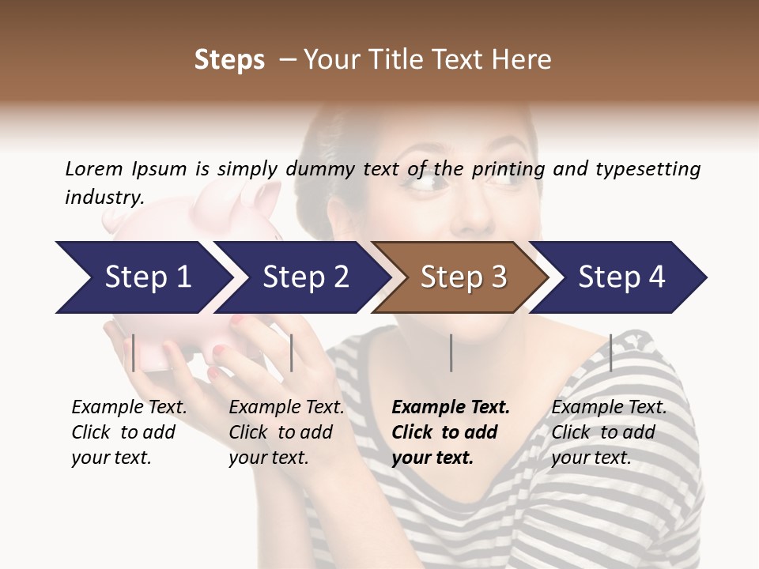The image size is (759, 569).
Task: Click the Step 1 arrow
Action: point(142,277)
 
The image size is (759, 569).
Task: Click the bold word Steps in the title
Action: point(229,60)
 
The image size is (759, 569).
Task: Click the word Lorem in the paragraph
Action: point(93,168)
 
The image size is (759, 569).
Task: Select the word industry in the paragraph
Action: point(104,197)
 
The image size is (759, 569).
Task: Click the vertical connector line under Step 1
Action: point(134,352)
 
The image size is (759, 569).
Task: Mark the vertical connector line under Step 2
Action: point(292,352)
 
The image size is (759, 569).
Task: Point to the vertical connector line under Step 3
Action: point(451,352)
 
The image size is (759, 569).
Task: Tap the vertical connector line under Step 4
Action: point(610,352)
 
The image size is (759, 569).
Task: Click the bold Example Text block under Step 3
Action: point(451,432)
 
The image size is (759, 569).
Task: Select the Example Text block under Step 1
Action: point(129,432)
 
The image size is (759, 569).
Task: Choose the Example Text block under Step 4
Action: point(609,432)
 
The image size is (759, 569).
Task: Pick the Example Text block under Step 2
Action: point(286,432)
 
